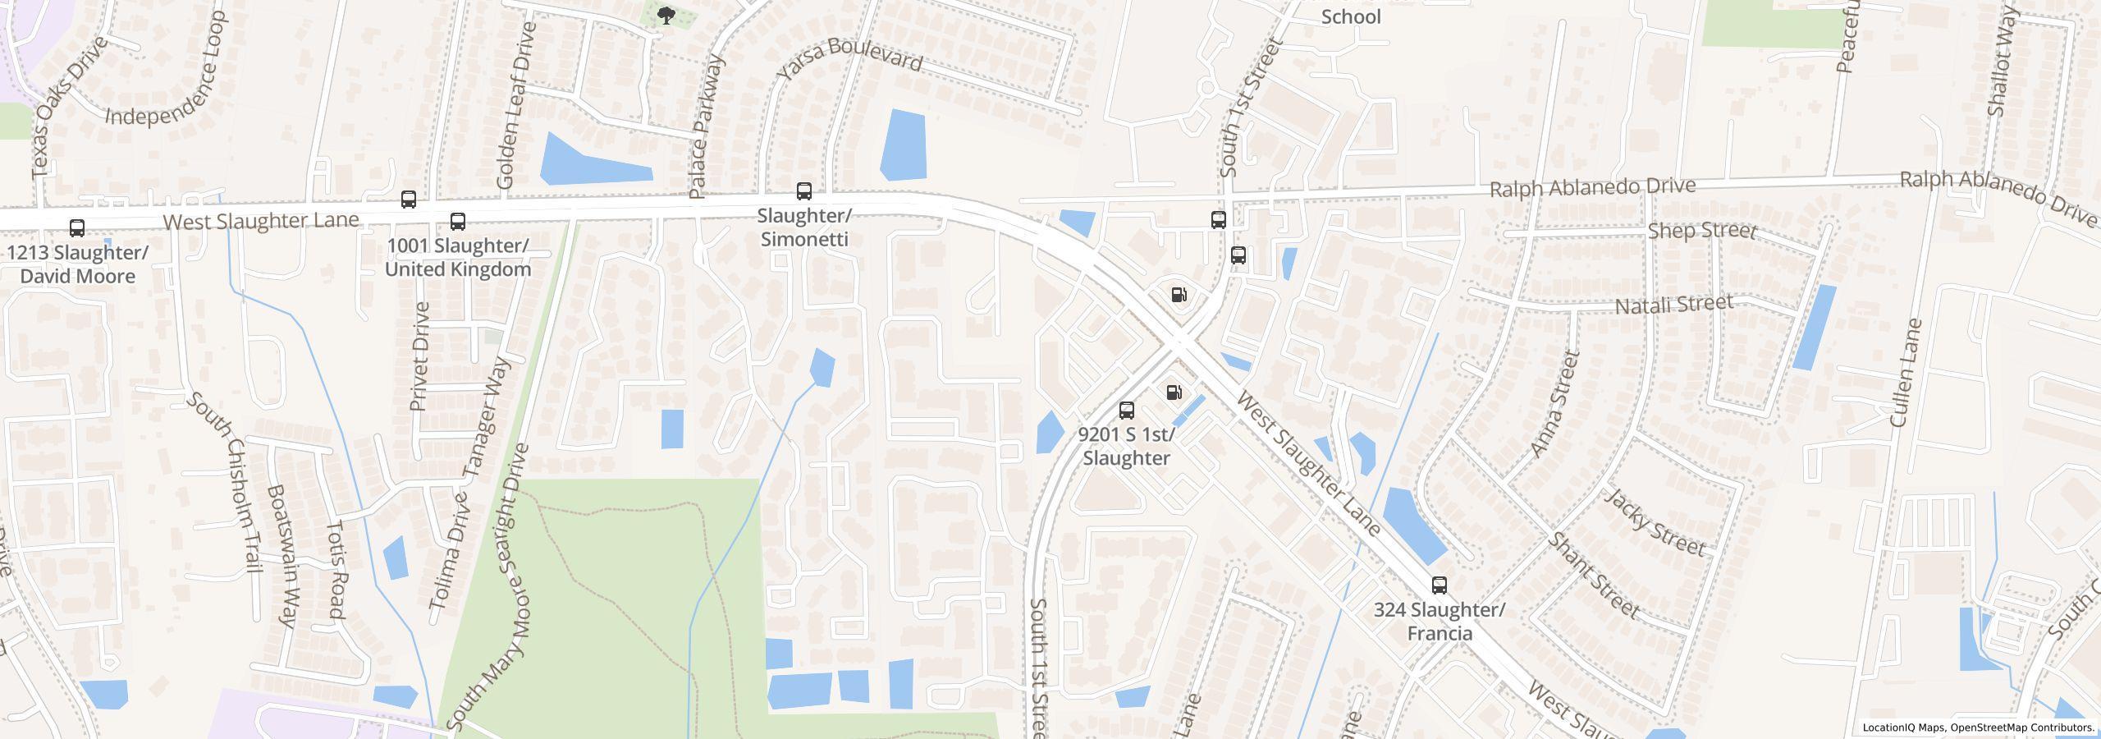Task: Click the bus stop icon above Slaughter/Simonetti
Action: coord(804,192)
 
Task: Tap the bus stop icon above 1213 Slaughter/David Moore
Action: coord(77,228)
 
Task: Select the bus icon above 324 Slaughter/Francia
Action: coord(1439,585)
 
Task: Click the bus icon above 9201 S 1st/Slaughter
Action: coord(1127,411)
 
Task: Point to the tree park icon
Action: coord(667,16)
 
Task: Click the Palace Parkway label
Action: coord(707,127)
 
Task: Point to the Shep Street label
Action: coord(1702,231)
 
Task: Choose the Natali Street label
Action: coord(1674,305)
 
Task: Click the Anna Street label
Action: coord(1556,404)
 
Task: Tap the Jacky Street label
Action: coord(1655,522)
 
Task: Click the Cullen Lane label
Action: coord(1906,374)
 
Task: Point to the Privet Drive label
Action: coord(420,356)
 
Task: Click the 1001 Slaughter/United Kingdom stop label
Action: coord(458,258)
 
